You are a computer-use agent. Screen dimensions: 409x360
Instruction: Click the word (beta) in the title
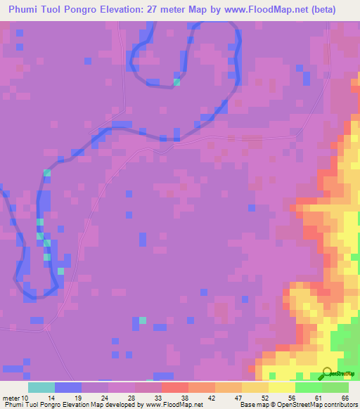[x=321, y=10]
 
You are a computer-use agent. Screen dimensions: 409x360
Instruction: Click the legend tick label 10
[x=26, y=398]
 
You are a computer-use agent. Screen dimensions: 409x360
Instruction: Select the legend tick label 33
[x=158, y=398]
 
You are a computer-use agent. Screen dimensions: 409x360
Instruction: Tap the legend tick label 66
[x=345, y=398]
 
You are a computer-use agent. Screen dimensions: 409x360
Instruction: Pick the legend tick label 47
[x=238, y=398]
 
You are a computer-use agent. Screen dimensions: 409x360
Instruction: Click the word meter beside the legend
[x=11, y=398]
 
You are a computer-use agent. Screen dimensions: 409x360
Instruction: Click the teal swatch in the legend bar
[x=41, y=387]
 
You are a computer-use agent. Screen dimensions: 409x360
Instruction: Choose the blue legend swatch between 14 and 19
[x=68, y=387]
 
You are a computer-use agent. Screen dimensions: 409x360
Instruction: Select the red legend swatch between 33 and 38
[x=175, y=387]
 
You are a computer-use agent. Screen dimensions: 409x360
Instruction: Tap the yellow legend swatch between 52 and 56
[x=282, y=387]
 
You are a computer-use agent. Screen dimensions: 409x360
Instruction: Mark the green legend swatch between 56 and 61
[x=309, y=387]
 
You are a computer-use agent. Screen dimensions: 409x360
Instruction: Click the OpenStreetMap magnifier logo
[x=326, y=372]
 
